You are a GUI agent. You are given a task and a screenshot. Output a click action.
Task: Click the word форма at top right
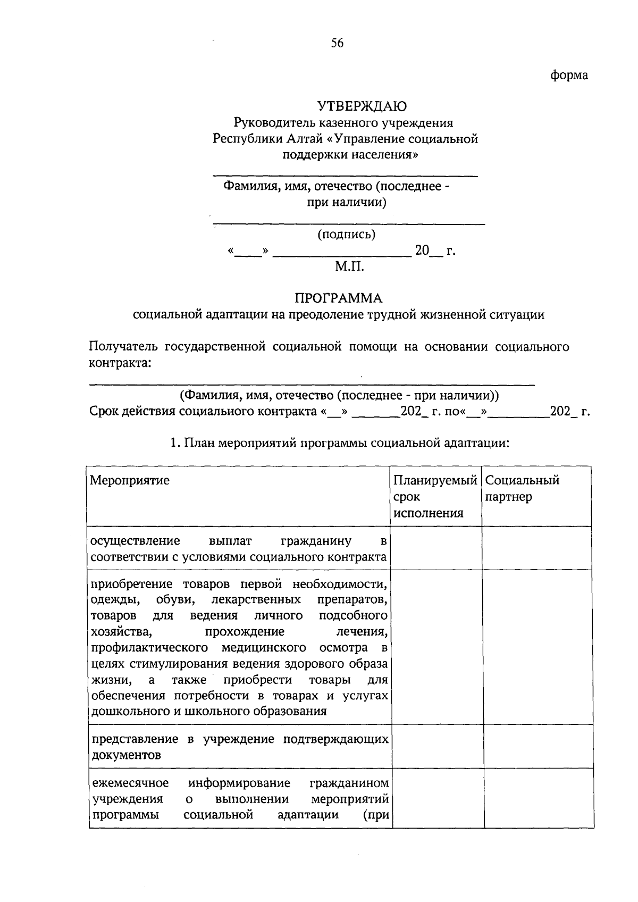568,76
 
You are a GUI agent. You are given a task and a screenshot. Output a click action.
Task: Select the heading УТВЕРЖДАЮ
362,106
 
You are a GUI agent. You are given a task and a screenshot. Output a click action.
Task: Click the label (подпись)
346,234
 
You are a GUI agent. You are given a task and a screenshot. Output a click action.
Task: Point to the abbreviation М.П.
349,266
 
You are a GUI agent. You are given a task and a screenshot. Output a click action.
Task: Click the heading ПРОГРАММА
339,298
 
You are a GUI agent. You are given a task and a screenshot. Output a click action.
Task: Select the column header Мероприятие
130,480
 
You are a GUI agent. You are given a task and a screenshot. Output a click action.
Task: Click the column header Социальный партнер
522,488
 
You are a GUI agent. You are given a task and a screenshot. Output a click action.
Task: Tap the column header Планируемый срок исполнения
434,496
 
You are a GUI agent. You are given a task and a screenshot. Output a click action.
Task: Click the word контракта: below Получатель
119,363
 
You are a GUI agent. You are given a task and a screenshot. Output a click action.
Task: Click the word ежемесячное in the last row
130,783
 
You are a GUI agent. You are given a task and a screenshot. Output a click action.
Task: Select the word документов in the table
126,755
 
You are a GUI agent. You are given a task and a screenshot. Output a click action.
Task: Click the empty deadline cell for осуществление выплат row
435,548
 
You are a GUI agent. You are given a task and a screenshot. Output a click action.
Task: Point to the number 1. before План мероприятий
173,443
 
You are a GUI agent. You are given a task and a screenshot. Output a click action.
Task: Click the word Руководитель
275,123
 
